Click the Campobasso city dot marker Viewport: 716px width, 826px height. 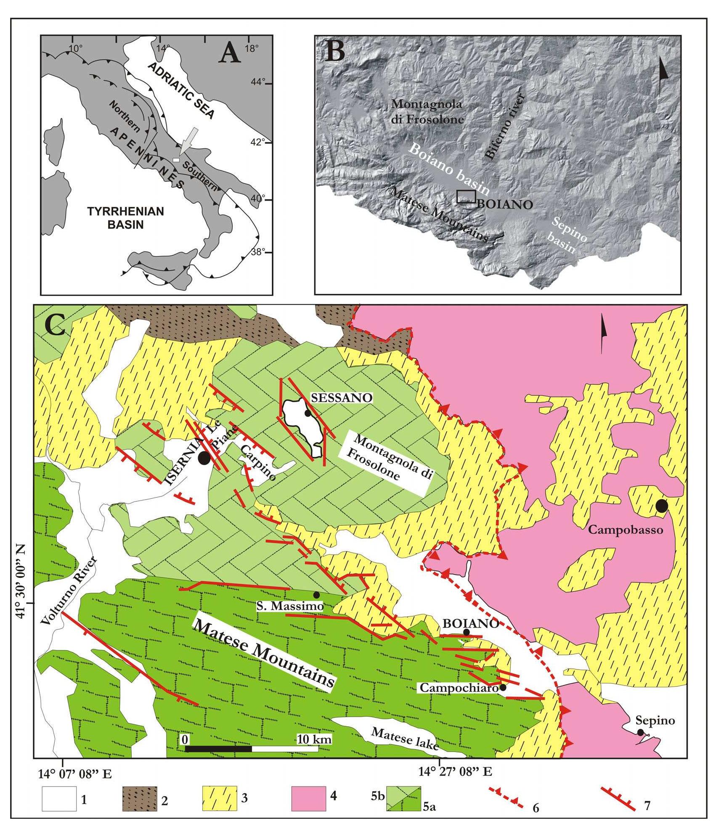pos(662,506)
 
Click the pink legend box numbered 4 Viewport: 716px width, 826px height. pos(308,798)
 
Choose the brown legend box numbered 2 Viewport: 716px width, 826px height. pos(140,798)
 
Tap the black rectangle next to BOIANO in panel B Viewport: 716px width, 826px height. pos(466,196)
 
